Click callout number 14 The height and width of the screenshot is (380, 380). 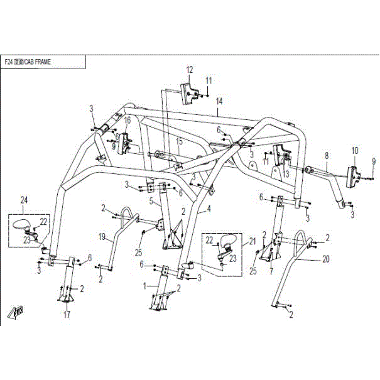coord(219,101)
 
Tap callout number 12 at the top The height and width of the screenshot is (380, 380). coord(189,69)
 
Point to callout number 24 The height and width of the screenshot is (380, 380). coord(24,200)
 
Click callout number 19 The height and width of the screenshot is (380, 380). coord(102,237)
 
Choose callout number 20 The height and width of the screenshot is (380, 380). coord(308,258)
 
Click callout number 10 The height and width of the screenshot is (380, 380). coord(355,150)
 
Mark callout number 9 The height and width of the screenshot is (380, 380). coord(373,161)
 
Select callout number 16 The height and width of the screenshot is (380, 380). coord(127,120)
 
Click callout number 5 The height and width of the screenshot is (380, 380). coord(151,202)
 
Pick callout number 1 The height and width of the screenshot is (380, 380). coord(145,286)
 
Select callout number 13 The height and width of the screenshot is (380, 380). coord(285,174)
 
